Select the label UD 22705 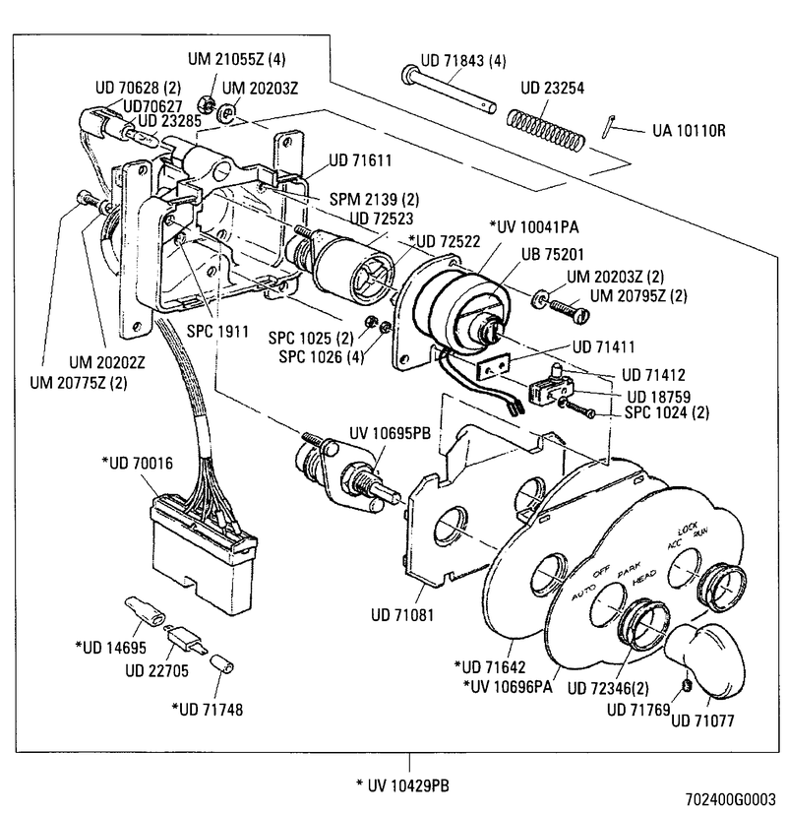click(161, 671)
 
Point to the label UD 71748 click(211, 708)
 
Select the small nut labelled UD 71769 click(685, 682)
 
